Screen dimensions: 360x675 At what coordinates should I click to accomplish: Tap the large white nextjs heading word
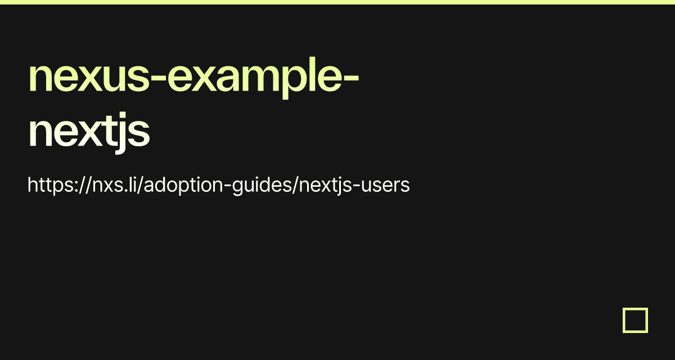(x=89, y=132)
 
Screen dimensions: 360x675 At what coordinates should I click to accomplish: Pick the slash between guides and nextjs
(x=295, y=185)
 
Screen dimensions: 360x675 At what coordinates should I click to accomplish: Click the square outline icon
(x=635, y=320)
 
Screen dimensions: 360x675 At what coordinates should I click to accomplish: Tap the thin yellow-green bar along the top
(x=337, y=2)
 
